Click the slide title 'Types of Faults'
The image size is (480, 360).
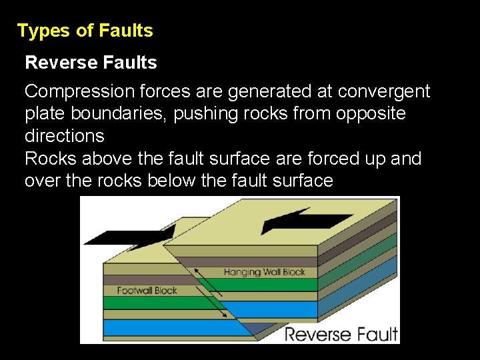(x=85, y=31)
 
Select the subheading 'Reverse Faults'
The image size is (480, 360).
(x=91, y=63)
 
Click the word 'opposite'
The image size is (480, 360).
(x=371, y=113)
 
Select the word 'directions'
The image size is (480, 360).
(x=64, y=136)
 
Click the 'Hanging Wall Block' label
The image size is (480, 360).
(x=265, y=272)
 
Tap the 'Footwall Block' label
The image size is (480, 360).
(x=147, y=291)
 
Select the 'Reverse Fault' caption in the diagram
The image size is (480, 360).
(x=341, y=333)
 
